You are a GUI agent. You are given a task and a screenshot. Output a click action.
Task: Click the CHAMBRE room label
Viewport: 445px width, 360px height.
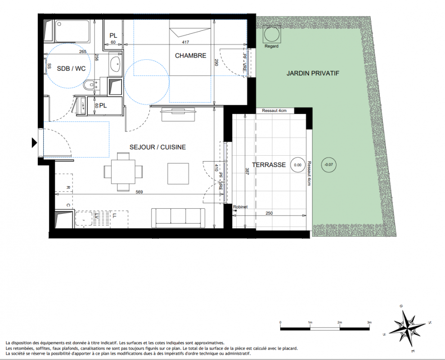(x=190, y=56)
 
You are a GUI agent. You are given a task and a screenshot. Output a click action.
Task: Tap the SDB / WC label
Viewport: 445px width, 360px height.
(x=71, y=68)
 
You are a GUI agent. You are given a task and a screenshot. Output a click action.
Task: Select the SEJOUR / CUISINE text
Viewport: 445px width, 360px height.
(x=157, y=147)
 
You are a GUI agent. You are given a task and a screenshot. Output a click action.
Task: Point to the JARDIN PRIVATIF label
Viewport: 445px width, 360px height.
(x=313, y=73)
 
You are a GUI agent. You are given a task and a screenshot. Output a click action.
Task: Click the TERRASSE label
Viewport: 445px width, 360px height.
(x=269, y=165)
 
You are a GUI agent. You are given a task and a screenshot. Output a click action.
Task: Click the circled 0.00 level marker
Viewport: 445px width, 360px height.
(x=298, y=165)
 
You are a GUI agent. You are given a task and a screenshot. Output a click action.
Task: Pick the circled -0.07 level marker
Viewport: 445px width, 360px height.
(x=328, y=164)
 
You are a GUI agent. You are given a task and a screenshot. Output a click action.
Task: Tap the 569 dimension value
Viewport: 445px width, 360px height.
(x=139, y=192)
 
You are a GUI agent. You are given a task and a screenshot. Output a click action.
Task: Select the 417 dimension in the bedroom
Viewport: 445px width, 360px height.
(x=185, y=42)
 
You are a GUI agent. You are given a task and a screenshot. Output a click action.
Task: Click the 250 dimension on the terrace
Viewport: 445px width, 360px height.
(x=269, y=213)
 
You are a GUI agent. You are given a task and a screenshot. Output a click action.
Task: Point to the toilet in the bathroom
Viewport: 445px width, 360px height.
(x=90, y=84)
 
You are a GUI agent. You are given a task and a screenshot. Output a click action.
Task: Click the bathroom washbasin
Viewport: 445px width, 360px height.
(x=116, y=64)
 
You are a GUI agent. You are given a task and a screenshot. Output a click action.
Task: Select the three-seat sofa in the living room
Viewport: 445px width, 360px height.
(x=178, y=218)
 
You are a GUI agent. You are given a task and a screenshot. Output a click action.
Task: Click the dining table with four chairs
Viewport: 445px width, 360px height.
(x=123, y=172)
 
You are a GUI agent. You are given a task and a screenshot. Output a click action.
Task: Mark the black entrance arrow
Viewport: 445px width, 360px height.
(x=34, y=143)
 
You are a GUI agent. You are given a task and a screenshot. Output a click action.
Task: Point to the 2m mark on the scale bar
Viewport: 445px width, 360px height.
(x=340, y=323)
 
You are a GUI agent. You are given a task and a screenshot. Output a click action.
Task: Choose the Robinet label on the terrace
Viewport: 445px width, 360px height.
(x=240, y=207)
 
